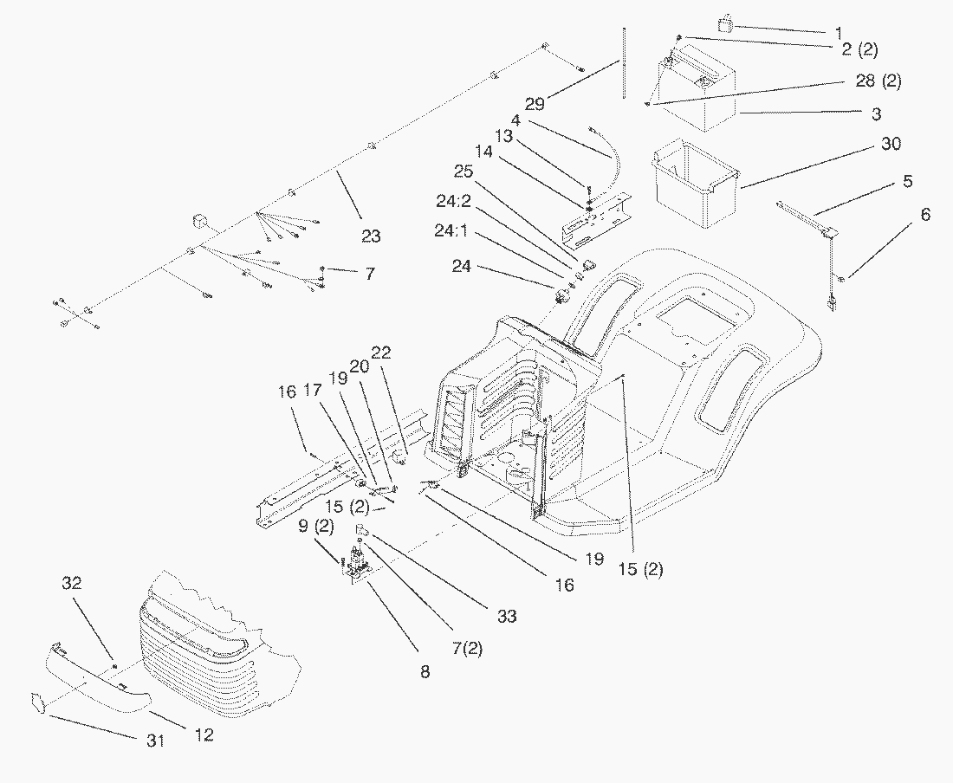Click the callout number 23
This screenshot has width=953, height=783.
[370, 236]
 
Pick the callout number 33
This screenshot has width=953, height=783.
[507, 617]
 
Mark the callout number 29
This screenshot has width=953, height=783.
[535, 104]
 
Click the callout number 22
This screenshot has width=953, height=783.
[381, 353]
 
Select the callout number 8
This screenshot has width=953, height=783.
[425, 670]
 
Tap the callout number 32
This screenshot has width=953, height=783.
[72, 584]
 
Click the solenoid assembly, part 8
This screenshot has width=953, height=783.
[357, 565]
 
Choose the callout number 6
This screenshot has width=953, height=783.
[926, 214]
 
